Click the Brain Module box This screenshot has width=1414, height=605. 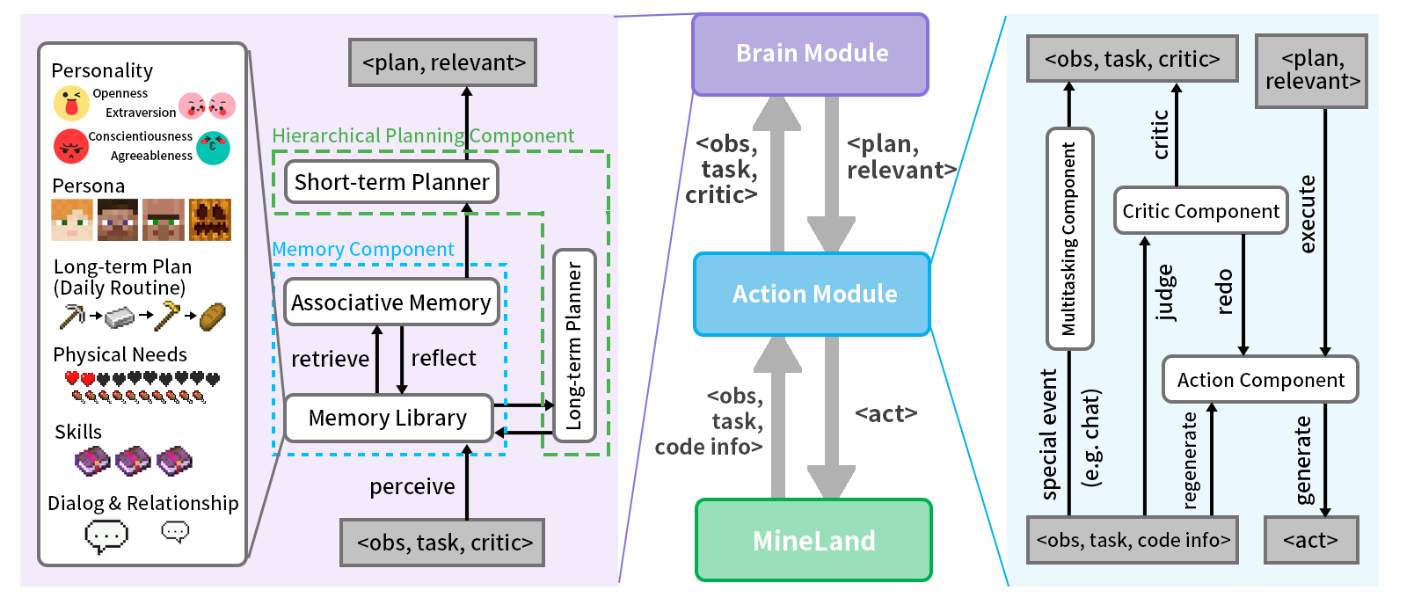pos(811,54)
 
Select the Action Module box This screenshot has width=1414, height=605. pos(813,294)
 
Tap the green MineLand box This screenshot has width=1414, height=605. pos(813,540)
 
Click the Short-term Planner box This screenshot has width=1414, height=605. pos(391,182)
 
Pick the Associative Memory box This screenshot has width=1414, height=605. pos(391,302)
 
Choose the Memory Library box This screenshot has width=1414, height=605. pos(388,418)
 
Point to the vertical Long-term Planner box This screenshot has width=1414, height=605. pos(574,346)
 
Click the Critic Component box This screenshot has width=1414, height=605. pos(1200,211)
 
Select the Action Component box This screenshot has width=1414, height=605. pos(1260,380)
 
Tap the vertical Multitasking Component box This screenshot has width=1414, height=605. pos(1069,238)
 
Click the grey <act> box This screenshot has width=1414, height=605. pos(1310,540)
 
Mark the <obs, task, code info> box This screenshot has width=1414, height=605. pos(1133,540)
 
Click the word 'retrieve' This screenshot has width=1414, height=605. pos(330,359)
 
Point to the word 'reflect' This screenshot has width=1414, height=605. pos(443,358)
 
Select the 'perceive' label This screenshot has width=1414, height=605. pos(412,486)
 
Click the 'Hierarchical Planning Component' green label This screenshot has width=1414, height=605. pos(423,135)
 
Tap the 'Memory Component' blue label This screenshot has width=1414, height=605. pos(362,249)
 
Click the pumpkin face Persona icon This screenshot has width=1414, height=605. pos(210,220)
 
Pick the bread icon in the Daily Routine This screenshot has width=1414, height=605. pos(213,316)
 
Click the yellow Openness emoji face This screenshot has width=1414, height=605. pos(71,104)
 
